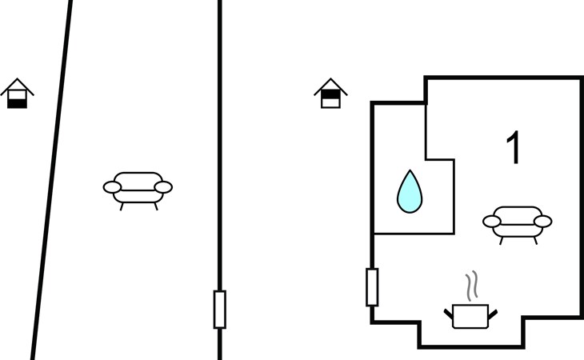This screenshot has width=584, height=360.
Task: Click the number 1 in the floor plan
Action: coord(514,147)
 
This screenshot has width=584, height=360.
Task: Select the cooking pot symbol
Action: coord(470,317)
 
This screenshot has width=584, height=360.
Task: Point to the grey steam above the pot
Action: coord(471,286)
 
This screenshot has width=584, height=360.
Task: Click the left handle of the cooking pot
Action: coord(449,314)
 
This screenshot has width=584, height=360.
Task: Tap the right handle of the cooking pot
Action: coord(492,314)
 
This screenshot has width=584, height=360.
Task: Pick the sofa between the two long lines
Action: coord(138,190)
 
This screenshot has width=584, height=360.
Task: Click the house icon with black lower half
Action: coord(17,94)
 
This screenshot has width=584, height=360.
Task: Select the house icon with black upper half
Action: coord(330,94)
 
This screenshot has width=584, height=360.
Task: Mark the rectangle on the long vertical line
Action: coord(220,310)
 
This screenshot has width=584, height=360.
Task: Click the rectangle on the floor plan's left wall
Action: coord(372,287)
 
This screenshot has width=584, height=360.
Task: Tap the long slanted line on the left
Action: coord(51,180)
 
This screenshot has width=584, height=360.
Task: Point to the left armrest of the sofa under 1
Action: coord(492,222)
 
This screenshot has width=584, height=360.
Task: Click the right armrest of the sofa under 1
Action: coord(543,222)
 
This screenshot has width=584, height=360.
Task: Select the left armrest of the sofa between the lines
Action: coord(112,187)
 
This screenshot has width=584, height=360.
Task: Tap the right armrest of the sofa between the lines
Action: coord(163,187)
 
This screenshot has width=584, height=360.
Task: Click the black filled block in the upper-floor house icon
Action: coord(330,94)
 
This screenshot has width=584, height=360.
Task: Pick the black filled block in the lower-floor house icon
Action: coord(17,103)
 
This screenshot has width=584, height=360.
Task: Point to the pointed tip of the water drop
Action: coord(410,170)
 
